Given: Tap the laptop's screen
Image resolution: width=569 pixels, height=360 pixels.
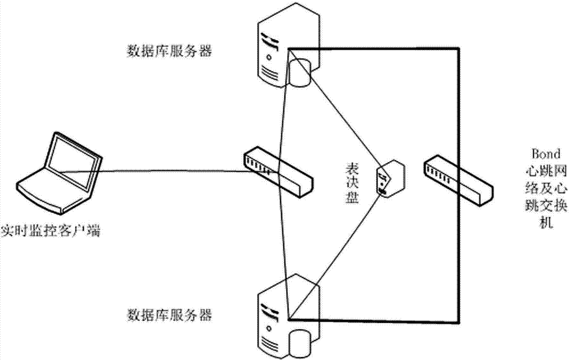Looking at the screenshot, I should [x=74, y=155].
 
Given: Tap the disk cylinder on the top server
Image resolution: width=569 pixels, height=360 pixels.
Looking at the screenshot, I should [x=300, y=72].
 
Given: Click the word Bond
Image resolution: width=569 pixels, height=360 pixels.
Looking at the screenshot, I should [x=545, y=153].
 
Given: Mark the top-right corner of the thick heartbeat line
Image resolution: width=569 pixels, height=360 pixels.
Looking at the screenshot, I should [x=459, y=49].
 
